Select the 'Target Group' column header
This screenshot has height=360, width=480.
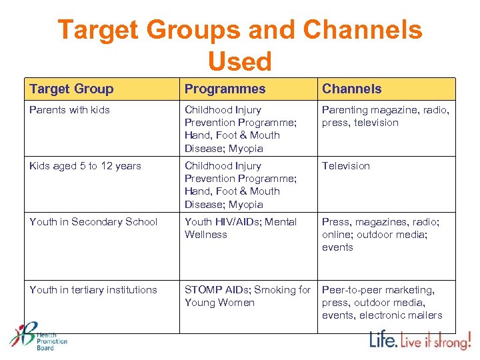pos(71,89)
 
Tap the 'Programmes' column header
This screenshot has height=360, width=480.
pos(225,89)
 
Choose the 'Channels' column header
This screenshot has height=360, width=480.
pos(351,89)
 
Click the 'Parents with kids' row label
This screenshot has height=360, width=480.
pos(69,110)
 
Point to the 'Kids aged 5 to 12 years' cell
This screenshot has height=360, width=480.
pos(85,166)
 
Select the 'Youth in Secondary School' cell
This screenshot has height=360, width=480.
pos(93,222)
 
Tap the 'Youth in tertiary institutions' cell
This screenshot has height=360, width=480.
pos(93,290)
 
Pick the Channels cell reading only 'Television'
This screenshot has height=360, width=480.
pos(345,166)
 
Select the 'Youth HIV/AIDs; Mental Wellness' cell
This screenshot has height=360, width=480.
pos(240,228)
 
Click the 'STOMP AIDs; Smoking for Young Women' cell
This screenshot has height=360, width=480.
pos(247,296)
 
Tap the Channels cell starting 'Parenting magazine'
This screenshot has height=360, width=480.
pos(385,116)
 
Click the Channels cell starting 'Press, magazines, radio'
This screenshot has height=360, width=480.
pos(380,235)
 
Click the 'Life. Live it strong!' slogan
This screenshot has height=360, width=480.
pos(420,340)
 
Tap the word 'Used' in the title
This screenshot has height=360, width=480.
pos(240,61)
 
